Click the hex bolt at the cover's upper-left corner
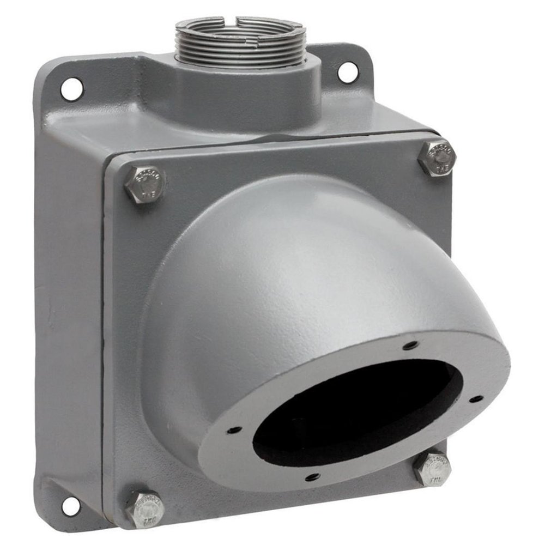pos(144,184)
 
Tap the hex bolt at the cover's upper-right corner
pos(437,158)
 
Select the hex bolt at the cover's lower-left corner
pos(144,509)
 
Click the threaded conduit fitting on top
pos(240,39)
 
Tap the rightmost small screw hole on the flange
pos(476,399)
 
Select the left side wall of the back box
pos(71,300)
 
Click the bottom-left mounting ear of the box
pos(63,499)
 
